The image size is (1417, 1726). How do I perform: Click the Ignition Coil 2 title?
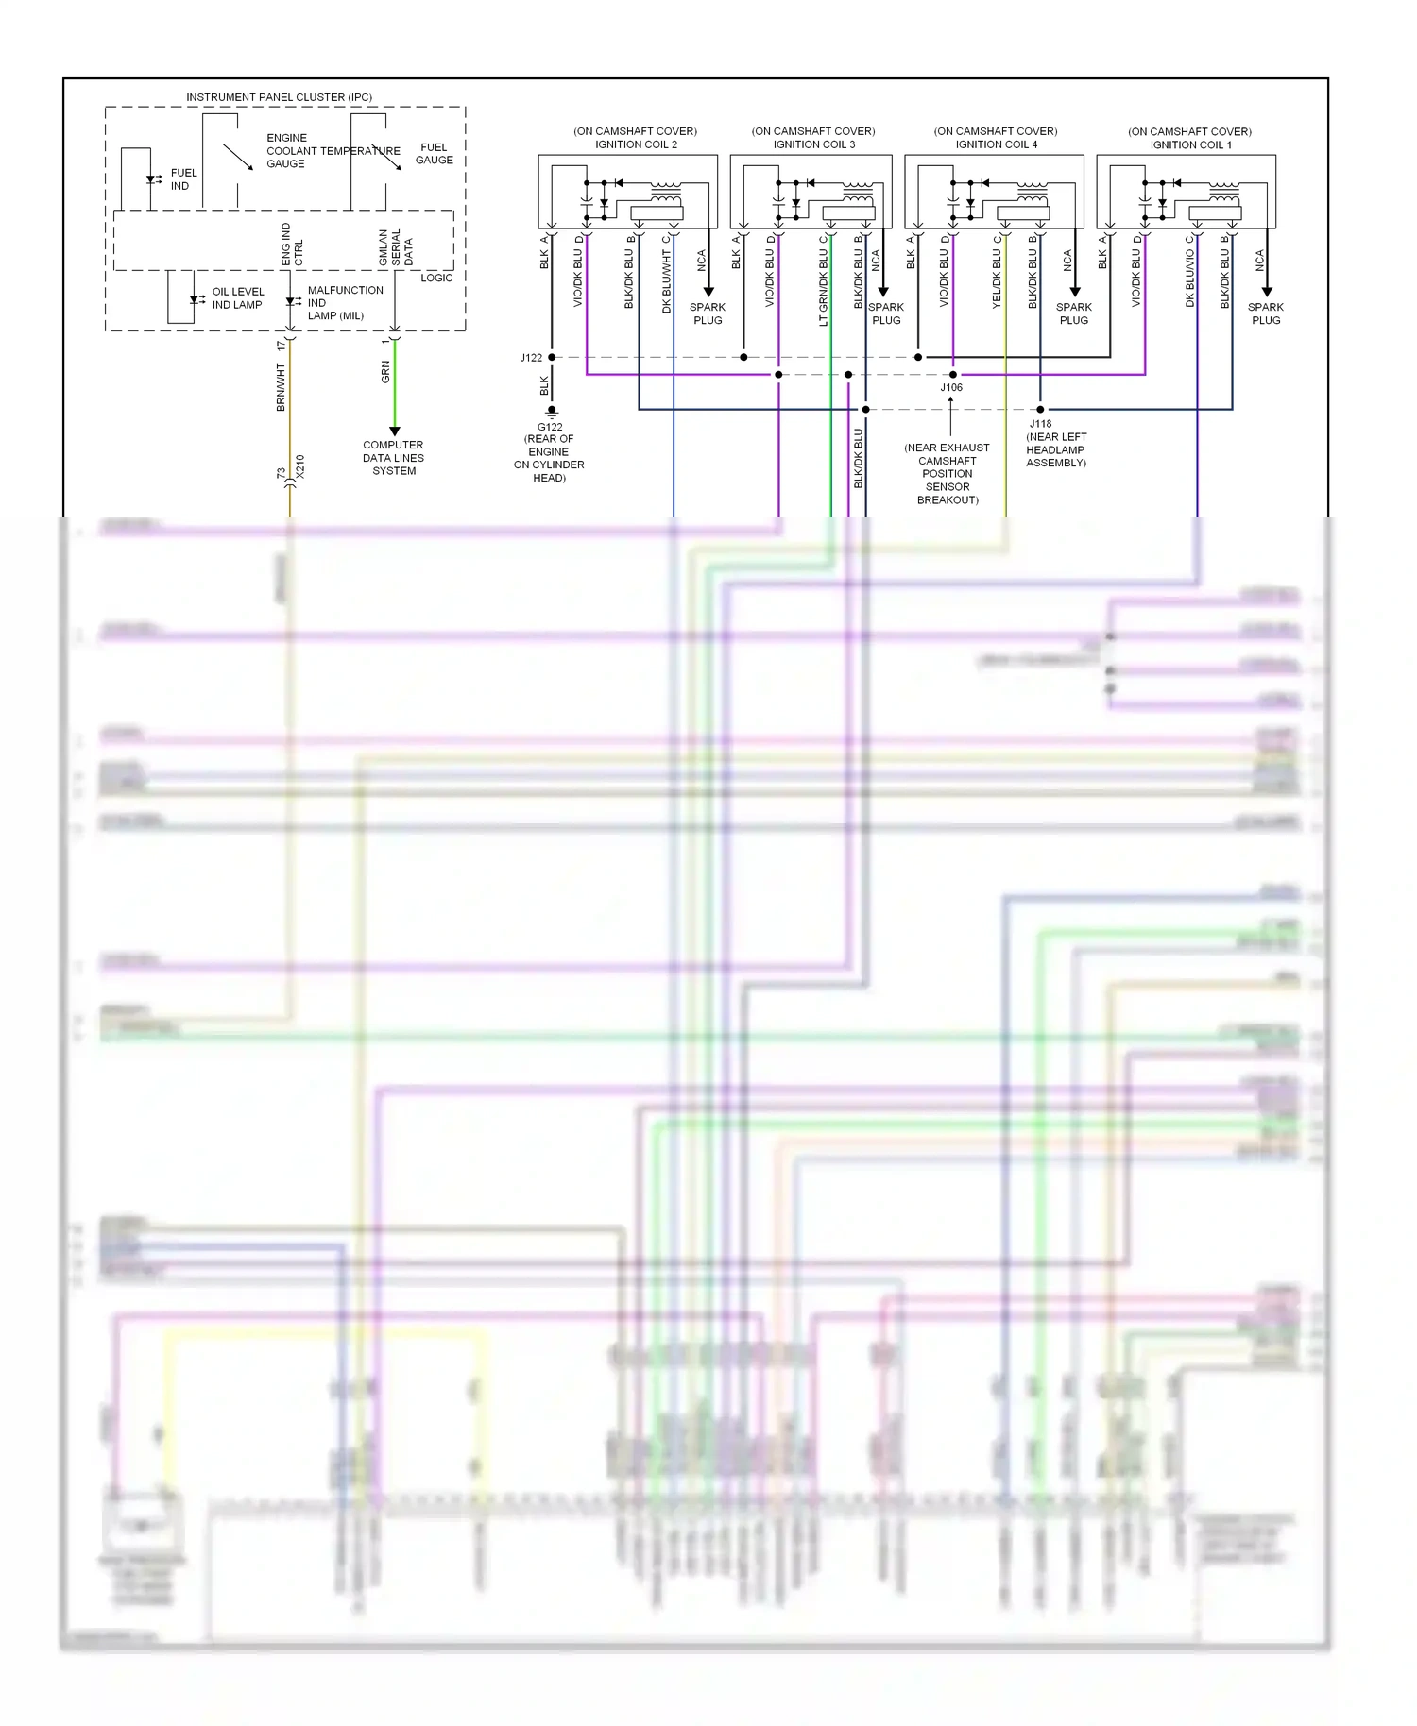pyautogui.click(x=636, y=144)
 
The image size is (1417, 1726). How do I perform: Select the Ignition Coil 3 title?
pyautogui.click(x=813, y=144)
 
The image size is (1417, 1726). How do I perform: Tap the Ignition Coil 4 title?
pyautogui.click(x=996, y=144)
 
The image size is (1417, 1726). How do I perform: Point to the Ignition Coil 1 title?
pyautogui.click(x=1190, y=144)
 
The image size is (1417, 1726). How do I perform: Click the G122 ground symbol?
pyautogui.click(x=552, y=412)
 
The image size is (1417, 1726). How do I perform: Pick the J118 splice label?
pyautogui.click(x=1040, y=424)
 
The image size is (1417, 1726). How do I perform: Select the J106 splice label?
pyautogui.click(x=951, y=387)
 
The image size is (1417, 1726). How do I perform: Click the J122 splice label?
pyautogui.click(x=531, y=358)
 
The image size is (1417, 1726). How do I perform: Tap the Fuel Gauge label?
pyautogui.click(x=434, y=154)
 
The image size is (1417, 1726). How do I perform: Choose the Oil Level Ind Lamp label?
pyautogui.click(x=238, y=298)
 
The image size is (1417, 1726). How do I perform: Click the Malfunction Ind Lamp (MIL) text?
pyautogui.click(x=345, y=303)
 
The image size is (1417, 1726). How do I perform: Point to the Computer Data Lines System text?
pyautogui.click(x=394, y=458)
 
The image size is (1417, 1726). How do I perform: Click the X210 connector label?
pyautogui.click(x=299, y=466)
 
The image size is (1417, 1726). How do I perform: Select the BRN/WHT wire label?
pyautogui.click(x=281, y=387)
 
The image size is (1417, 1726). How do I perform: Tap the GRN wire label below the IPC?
pyautogui.click(x=385, y=372)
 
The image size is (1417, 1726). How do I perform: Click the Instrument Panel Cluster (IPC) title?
pyautogui.click(x=279, y=97)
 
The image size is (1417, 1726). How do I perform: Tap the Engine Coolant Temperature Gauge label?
pyautogui.click(x=333, y=151)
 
